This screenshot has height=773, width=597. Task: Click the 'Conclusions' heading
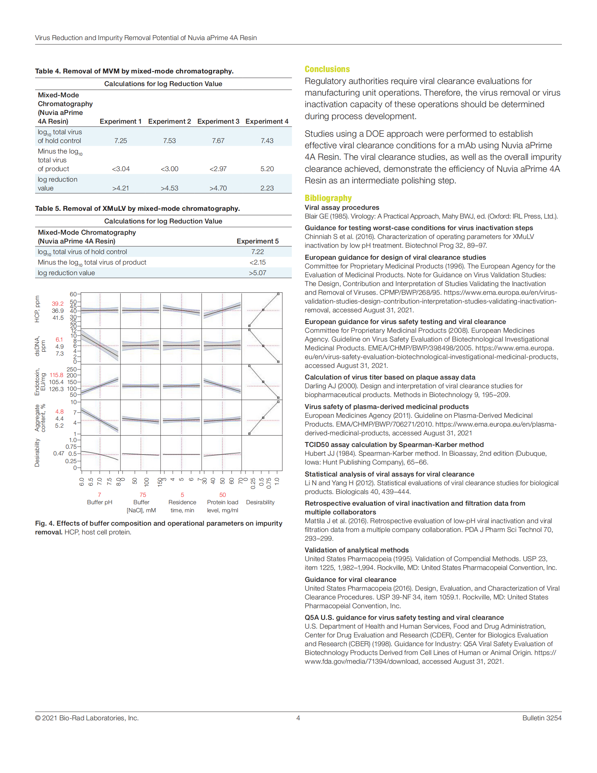327,69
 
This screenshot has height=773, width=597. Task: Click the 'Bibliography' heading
328,198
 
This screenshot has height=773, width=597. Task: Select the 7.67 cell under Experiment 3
218,141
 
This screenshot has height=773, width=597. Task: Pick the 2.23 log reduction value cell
267,188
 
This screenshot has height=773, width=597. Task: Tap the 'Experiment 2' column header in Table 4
169,122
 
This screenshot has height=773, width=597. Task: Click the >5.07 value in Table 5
257,273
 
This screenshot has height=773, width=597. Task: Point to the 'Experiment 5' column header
257,241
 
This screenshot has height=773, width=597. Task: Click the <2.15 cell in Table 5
257,262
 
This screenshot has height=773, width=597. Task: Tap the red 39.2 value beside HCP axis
58,304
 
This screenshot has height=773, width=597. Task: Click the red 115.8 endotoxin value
57,375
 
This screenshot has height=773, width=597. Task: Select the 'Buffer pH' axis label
99,502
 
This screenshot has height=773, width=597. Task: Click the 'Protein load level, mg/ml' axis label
222,506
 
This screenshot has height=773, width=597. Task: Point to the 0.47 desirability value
59,453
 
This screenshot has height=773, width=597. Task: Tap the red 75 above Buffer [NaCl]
143,494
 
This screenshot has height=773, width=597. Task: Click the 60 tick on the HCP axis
73,294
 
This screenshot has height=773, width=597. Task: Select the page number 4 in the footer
298,718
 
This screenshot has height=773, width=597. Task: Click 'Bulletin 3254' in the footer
542,718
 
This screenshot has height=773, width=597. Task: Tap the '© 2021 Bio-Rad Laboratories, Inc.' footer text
87,718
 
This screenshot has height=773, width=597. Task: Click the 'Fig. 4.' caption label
45,523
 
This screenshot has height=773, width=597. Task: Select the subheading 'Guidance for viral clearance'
350,579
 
